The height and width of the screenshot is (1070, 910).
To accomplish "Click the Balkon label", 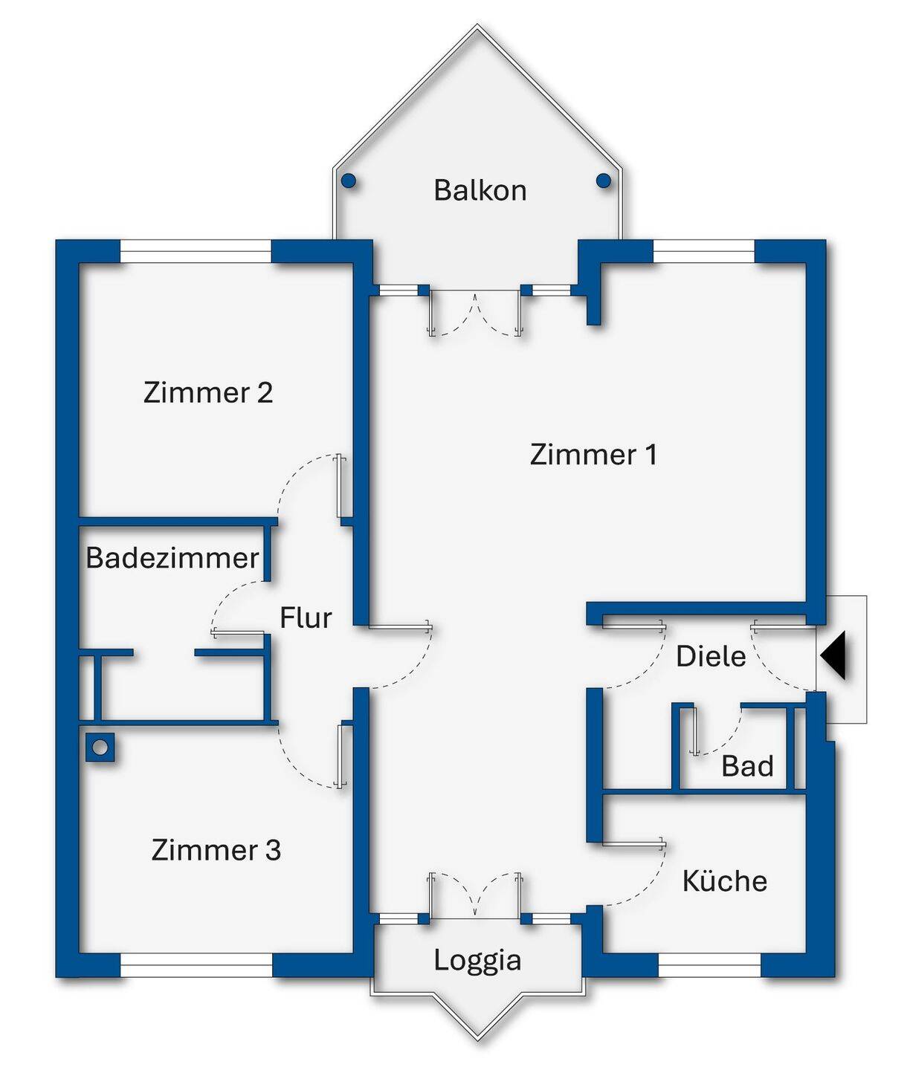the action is pyautogui.click(x=480, y=190).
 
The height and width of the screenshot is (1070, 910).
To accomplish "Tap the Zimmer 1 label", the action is pyautogui.click(x=593, y=454).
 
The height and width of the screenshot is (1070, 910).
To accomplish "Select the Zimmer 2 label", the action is pyautogui.click(x=208, y=392).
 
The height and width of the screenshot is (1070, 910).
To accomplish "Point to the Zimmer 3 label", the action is pyautogui.click(x=216, y=849).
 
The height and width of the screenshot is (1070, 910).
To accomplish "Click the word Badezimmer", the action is pyautogui.click(x=172, y=557).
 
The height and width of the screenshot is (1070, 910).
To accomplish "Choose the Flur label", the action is pyautogui.click(x=306, y=617).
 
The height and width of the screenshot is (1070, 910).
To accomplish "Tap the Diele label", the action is pyautogui.click(x=711, y=656).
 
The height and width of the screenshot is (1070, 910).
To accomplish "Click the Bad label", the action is pyautogui.click(x=747, y=766).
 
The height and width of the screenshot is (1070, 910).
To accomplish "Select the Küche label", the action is pyautogui.click(x=725, y=881).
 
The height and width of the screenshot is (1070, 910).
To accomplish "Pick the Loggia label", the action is pyautogui.click(x=477, y=959).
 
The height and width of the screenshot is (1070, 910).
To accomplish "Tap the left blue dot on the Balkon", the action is pyautogui.click(x=348, y=181).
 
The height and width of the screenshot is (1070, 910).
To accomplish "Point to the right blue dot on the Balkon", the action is pyautogui.click(x=604, y=180).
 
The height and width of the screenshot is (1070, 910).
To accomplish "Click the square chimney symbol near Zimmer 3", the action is pyautogui.click(x=100, y=747).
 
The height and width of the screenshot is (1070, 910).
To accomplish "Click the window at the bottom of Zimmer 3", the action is pyautogui.click(x=196, y=965).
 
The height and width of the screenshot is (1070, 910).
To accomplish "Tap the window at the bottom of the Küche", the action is pyautogui.click(x=709, y=965).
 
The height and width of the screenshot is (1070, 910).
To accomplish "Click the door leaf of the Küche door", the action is pyautogui.click(x=633, y=843).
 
